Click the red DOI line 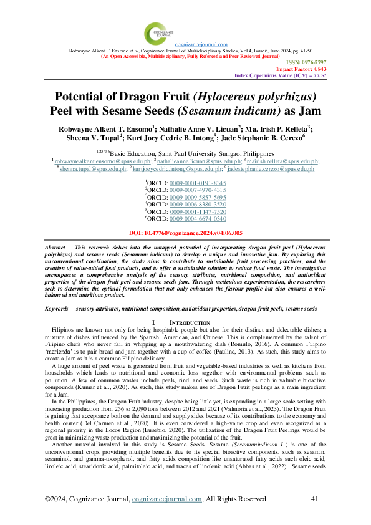pyautogui.click(x=185, y=233)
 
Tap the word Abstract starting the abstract pyautogui.click(x=58, y=248)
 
